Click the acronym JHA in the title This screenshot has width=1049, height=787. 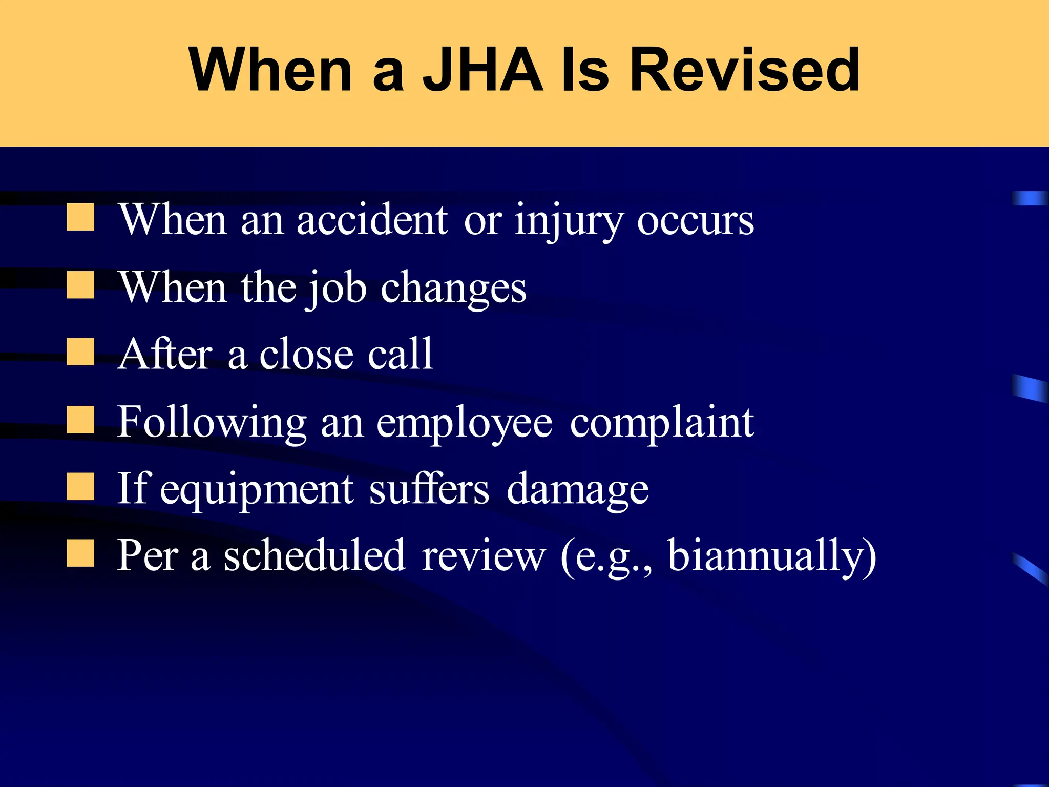pos(482,70)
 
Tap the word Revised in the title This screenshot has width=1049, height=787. pos(744,70)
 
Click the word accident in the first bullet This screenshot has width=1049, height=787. pos(372,219)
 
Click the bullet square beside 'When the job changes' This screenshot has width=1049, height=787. pos(80,285)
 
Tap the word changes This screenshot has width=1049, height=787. pos(453,288)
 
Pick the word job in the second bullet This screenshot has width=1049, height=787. pos(336,288)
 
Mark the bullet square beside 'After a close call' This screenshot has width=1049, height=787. pos(80,352)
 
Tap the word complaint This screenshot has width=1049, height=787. pos(662,423)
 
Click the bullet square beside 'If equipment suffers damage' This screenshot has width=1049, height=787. pos(80,486)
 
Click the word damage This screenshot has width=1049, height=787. pos(577,490)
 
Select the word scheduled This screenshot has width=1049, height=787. pos(315,555)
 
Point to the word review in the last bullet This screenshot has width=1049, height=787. pos(484,556)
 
